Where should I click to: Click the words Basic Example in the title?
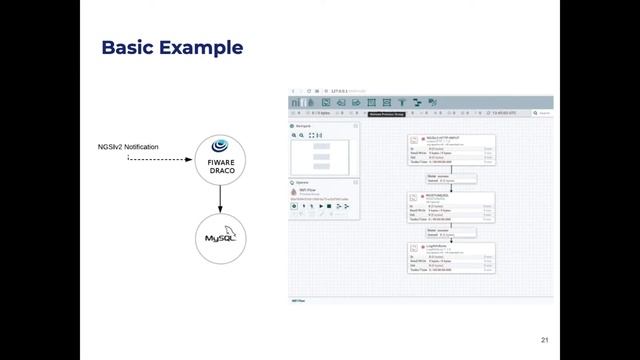click(173, 47)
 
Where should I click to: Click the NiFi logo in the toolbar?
click(298, 102)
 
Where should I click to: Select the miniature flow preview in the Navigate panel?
click(321, 157)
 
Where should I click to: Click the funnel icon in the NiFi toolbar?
click(402, 102)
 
